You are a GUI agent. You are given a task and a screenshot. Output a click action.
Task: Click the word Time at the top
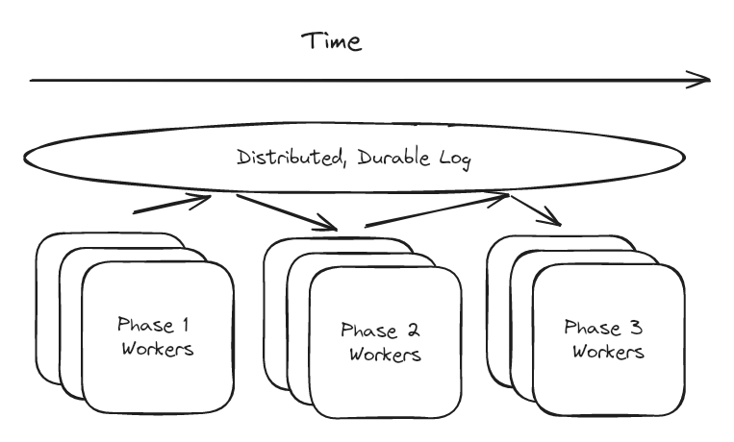click(x=332, y=41)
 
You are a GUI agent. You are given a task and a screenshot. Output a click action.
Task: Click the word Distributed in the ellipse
click(x=286, y=157)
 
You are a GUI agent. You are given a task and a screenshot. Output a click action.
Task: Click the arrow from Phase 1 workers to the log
click(x=171, y=204)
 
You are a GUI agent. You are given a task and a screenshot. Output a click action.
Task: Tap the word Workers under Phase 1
click(x=157, y=348)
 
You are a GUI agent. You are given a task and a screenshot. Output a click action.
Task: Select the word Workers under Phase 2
click(x=385, y=355)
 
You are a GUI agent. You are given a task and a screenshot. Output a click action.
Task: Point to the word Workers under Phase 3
click(x=609, y=351)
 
